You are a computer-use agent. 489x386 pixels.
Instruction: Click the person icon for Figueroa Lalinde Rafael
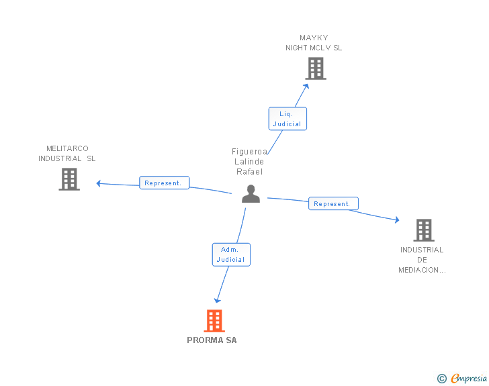pyautogui.click(x=251, y=193)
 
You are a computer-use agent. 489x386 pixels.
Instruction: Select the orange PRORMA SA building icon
pyautogui.click(x=214, y=320)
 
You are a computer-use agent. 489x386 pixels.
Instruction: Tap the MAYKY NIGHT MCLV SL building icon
pyautogui.click(x=316, y=68)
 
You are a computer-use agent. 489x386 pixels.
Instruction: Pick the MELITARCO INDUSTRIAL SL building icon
pyautogui.click(x=69, y=179)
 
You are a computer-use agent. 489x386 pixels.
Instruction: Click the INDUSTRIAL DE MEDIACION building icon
pyautogui.click(x=424, y=230)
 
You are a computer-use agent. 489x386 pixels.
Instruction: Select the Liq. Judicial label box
pyautogui.click(x=287, y=118)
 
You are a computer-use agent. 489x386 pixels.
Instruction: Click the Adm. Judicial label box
pyautogui.click(x=231, y=254)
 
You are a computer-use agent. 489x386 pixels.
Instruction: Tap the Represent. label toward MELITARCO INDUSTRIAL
pyautogui.click(x=164, y=183)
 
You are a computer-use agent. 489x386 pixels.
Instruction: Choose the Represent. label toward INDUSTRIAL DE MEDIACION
pyautogui.click(x=333, y=203)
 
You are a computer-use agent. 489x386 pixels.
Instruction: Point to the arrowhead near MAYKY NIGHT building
pyautogui.click(x=306, y=87)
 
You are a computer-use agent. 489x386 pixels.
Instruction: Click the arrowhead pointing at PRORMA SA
pyautogui.click(x=217, y=300)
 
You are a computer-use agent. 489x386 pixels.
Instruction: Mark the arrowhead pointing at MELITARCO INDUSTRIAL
pyautogui.click(x=99, y=183)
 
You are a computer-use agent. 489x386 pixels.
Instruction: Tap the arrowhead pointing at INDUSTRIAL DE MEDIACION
pyautogui.click(x=397, y=220)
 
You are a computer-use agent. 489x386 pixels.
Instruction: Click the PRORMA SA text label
pyautogui.click(x=212, y=340)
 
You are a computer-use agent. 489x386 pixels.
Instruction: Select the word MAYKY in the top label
pyautogui.click(x=314, y=38)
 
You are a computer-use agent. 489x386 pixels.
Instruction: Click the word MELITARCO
pyautogui.click(x=67, y=148)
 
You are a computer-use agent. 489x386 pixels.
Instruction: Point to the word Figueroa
pyautogui.click(x=249, y=152)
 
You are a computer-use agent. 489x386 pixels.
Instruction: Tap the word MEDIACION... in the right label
pyautogui.click(x=422, y=270)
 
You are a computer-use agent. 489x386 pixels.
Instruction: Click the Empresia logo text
pyautogui.click(x=469, y=378)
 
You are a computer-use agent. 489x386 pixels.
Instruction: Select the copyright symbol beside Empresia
pyautogui.click(x=442, y=379)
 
